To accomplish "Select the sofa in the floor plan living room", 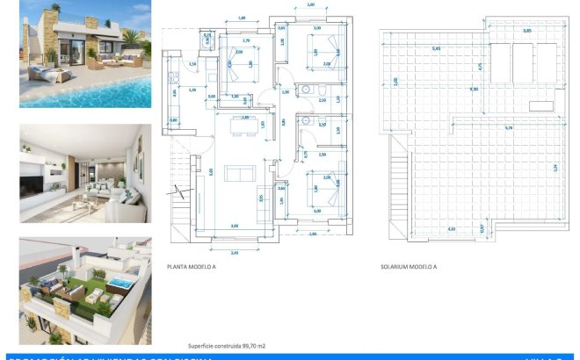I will coord(239,173).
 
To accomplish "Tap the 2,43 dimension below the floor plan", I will coord(234,252).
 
